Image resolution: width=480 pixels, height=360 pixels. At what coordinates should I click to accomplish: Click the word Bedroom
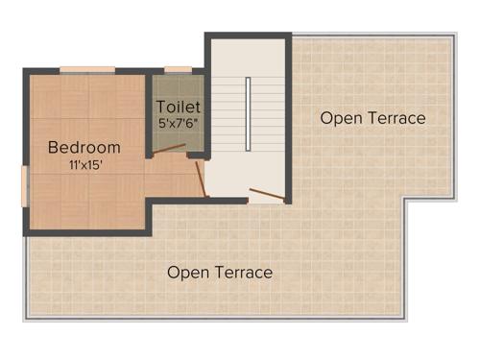tap(84, 147)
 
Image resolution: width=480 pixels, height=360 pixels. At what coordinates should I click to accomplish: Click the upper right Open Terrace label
tap(372, 118)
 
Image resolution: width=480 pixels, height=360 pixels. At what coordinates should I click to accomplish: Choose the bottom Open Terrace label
tap(220, 273)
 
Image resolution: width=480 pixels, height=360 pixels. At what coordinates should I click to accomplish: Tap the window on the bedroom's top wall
tap(87, 69)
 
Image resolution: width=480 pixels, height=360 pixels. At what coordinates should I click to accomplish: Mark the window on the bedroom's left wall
tap(24, 186)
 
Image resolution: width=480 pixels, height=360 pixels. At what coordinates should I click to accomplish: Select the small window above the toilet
tap(178, 69)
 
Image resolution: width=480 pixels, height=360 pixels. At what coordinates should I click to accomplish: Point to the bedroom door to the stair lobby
tap(201, 179)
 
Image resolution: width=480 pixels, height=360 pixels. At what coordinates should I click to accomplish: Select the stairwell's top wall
tap(248, 36)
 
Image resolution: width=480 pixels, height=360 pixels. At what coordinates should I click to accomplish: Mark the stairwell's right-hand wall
tap(288, 115)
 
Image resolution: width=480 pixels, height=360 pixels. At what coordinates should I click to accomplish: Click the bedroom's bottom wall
tap(86, 231)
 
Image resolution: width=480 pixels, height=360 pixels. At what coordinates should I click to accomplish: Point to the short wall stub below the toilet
tap(198, 155)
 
